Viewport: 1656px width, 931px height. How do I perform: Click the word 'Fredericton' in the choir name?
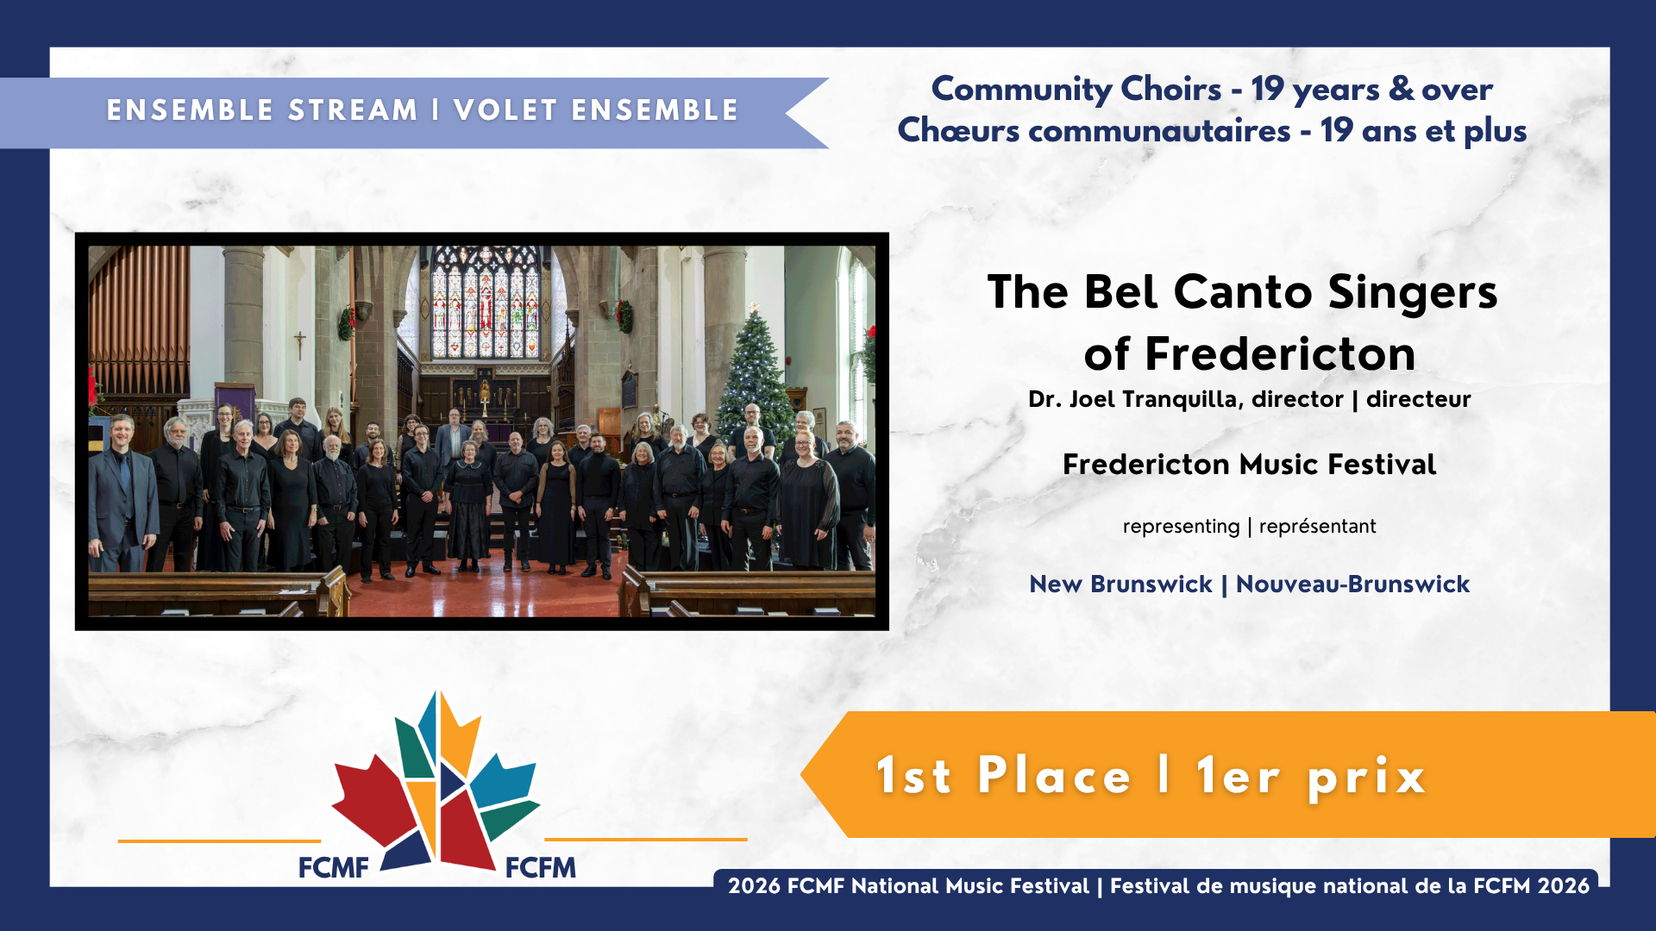click(1280, 353)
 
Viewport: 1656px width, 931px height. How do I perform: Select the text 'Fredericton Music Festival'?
click(1249, 465)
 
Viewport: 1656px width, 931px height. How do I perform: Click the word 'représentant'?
click(1317, 526)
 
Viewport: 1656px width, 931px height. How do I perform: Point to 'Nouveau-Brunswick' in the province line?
click(1352, 584)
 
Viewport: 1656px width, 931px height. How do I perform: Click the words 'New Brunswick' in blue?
click(1120, 584)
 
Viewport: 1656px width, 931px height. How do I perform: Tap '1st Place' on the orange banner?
click(1003, 775)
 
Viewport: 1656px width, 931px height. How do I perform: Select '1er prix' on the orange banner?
click(1311, 777)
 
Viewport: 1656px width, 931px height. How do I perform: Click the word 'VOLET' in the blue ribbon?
click(505, 110)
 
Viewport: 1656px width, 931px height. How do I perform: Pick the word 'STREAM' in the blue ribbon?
click(353, 110)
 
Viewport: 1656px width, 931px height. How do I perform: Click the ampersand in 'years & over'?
click(1402, 89)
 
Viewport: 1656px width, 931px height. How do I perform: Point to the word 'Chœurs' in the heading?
click(958, 130)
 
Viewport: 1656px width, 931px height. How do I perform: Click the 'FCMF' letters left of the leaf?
click(333, 867)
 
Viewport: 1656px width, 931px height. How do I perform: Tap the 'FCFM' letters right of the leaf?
click(541, 867)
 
